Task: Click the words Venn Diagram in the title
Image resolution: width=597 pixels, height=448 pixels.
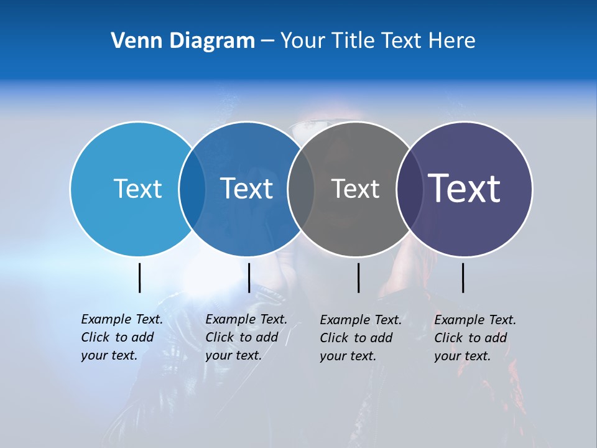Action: click(x=183, y=41)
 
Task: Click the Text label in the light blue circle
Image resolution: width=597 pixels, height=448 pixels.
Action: click(x=137, y=189)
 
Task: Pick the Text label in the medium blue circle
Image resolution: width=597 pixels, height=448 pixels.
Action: click(x=246, y=189)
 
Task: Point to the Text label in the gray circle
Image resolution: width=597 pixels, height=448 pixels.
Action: click(x=355, y=189)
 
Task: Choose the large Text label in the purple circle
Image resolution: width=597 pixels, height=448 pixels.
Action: click(x=465, y=189)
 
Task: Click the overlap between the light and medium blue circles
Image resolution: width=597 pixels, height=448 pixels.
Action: click(x=192, y=189)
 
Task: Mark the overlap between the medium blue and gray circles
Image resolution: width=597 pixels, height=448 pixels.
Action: click(x=301, y=189)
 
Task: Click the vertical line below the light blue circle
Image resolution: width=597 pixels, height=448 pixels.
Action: click(x=140, y=278)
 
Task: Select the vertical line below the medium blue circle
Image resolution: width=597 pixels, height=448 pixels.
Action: click(x=249, y=278)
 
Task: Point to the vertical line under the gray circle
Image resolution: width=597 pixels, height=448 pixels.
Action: click(x=359, y=278)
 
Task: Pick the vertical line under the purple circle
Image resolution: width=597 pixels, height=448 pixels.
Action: click(x=463, y=278)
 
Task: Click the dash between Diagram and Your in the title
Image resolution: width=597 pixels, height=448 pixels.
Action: click(x=267, y=42)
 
